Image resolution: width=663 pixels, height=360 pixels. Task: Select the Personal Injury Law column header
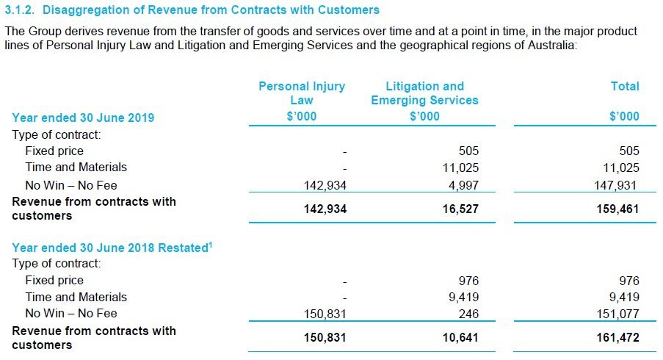tap(301, 93)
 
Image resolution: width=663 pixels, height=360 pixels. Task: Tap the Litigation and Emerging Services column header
tap(424, 93)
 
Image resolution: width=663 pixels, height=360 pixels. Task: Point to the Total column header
tap(625, 86)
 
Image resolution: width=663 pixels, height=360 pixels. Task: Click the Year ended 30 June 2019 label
tap(83, 117)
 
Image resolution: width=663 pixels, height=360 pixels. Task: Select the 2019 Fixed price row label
tap(54, 151)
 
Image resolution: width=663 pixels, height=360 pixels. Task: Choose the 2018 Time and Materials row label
tap(76, 297)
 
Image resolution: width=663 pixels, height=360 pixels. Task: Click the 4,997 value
tap(464, 185)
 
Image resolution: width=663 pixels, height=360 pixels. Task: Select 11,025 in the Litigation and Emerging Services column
tap(460, 168)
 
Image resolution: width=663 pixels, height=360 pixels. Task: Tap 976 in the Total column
tap(628, 281)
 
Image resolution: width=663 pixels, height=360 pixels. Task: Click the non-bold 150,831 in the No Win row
tap(325, 314)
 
